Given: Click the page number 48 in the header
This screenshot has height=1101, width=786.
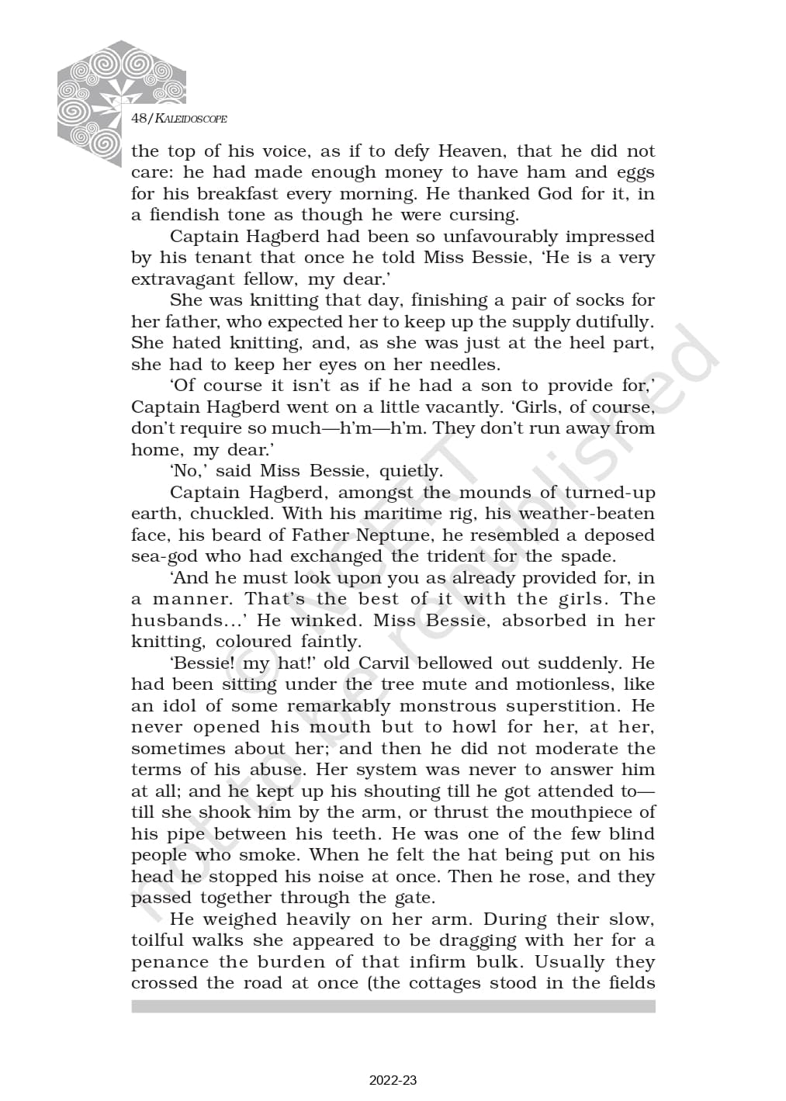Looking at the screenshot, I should pos(140,119).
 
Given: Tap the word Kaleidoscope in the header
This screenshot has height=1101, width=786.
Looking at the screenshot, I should pos(191,119).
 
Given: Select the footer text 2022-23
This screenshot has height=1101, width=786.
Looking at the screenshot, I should pos(393,1080).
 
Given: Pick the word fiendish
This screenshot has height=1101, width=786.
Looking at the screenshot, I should pos(184,215).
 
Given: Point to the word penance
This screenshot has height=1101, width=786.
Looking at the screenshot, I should pos(169,962).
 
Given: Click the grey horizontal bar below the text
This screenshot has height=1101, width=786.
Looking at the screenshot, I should pos(393,1006).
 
